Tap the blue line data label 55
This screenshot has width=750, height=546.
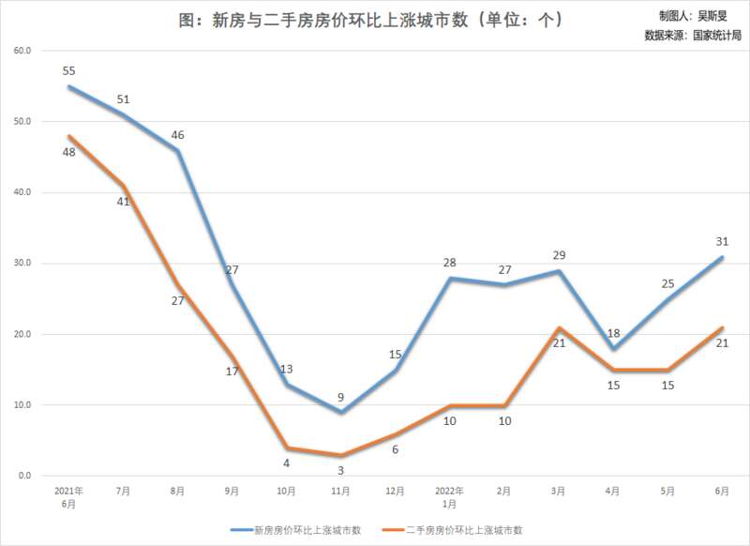click(x=68, y=71)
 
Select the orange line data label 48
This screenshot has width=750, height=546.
click(x=68, y=152)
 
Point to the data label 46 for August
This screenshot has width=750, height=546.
click(x=177, y=135)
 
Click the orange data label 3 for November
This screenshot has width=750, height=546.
click(x=340, y=470)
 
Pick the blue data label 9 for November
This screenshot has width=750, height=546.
click(x=340, y=397)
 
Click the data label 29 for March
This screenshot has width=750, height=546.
click(x=559, y=255)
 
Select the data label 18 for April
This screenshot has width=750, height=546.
click(x=613, y=333)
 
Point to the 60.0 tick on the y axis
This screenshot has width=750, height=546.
click(x=22, y=51)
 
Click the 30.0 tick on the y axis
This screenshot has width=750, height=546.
click(x=22, y=264)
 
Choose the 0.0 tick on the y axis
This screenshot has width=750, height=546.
click(x=24, y=477)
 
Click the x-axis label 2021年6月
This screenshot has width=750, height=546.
click(x=68, y=496)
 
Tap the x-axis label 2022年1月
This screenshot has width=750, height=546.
click(x=449, y=496)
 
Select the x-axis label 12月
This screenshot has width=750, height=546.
click(x=395, y=491)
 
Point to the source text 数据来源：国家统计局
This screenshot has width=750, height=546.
click(x=693, y=36)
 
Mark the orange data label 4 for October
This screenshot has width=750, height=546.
click(x=286, y=463)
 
